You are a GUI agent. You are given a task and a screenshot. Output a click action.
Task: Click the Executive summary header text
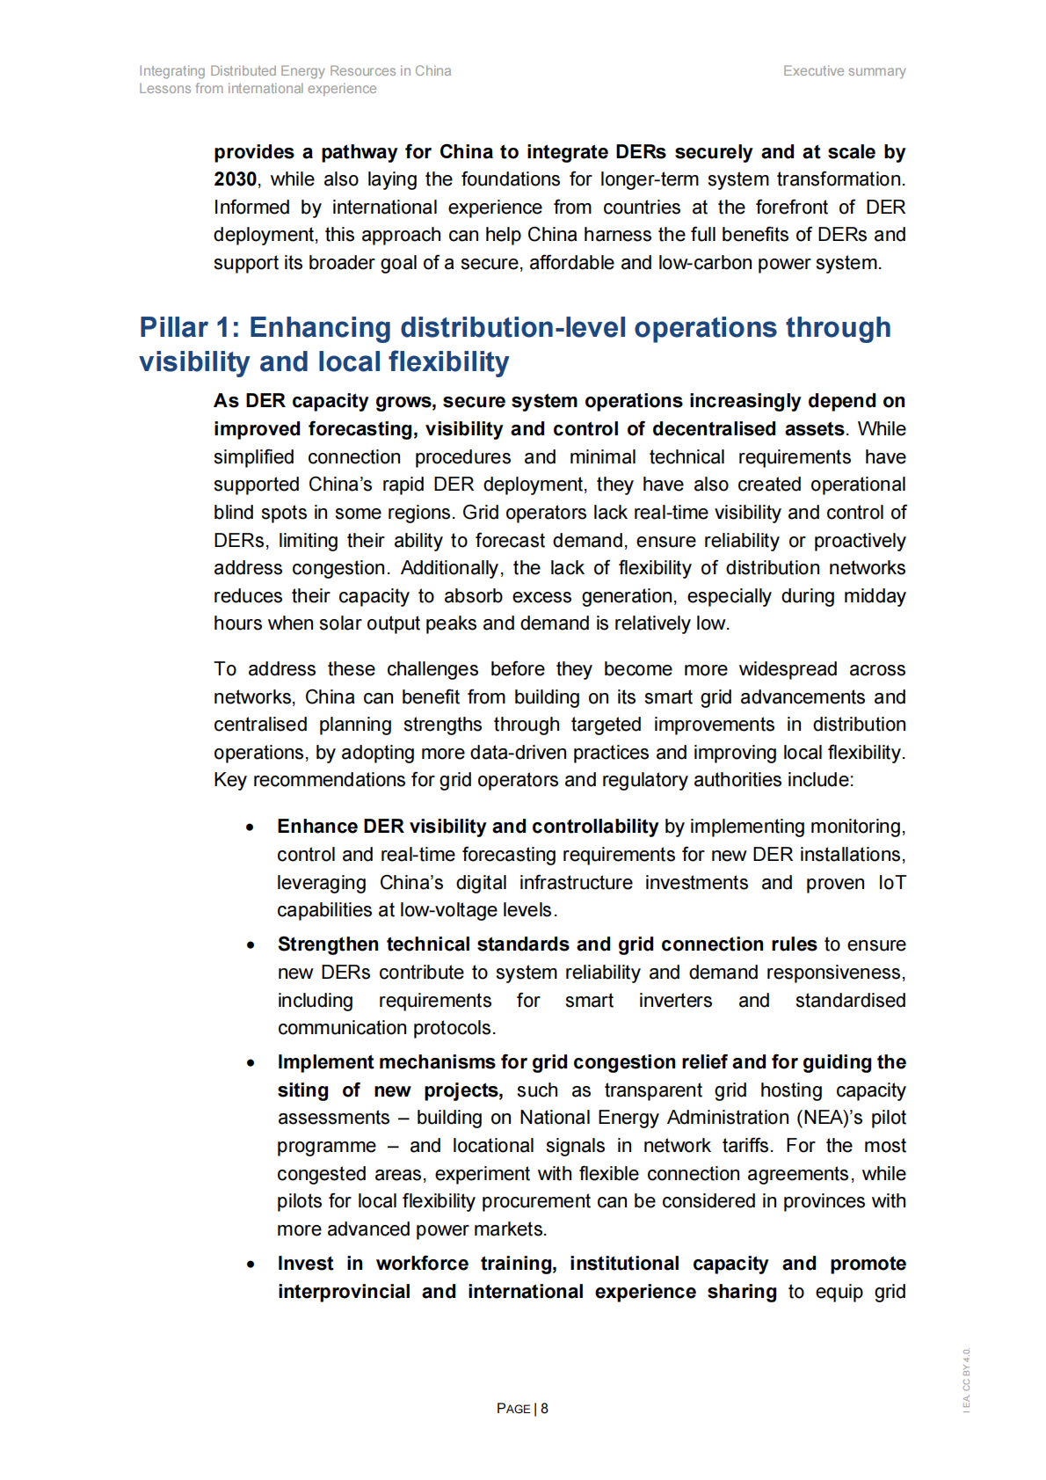point(844,71)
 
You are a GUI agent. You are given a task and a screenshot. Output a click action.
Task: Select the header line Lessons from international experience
point(258,89)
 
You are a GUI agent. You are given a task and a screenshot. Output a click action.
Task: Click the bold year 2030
point(235,179)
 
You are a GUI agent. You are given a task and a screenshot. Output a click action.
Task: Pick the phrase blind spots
point(260,513)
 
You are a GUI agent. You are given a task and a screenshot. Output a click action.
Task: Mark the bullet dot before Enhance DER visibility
point(251,827)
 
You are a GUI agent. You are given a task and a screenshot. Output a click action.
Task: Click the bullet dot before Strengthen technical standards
point(251,945)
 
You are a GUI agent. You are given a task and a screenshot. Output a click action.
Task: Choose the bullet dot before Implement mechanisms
point(251,1063)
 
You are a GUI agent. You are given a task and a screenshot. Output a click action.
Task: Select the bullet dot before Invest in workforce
point(251,1265)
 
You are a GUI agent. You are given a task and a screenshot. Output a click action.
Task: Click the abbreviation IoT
point(891,883)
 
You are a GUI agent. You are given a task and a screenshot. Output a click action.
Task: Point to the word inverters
point(675,1001)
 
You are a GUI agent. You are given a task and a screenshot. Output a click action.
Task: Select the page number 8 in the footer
point(545,1409)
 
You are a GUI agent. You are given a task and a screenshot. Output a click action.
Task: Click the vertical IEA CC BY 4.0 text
point(966,1380)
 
